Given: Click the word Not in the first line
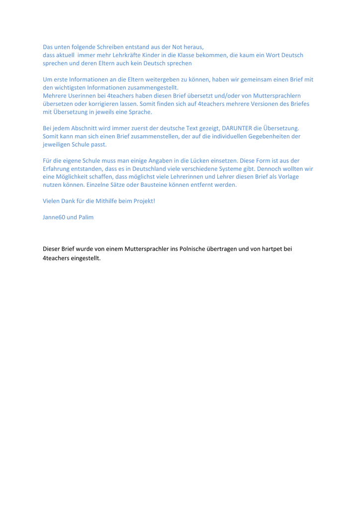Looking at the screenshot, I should [x=176, y=46].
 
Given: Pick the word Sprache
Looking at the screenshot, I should [x=138, y=112].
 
